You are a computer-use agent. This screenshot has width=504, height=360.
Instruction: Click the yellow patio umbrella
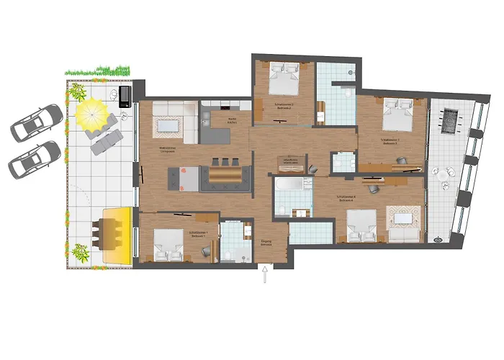click(x=92, y=113)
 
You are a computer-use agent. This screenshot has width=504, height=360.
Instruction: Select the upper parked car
click(x=37, y=122)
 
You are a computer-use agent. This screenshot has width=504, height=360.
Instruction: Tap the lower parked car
click(x=35, y=159)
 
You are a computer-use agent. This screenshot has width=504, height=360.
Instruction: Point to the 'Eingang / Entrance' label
click(x=266, y=243)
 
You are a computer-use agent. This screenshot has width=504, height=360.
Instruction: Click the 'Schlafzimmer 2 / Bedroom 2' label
click(x=284, y=105)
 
